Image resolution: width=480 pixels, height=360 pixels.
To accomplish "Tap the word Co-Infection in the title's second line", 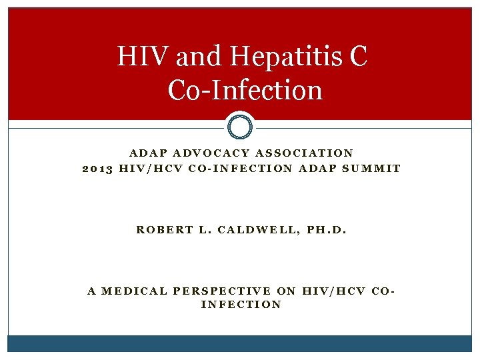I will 245,90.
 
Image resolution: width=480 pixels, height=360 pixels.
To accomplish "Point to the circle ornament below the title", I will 240,126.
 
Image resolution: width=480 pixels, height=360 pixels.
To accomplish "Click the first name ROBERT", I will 161,230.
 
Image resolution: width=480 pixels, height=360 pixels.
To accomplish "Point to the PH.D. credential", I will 325,230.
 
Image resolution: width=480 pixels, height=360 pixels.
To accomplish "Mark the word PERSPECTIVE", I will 221,291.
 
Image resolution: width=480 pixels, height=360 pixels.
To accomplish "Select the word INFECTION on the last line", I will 241,305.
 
